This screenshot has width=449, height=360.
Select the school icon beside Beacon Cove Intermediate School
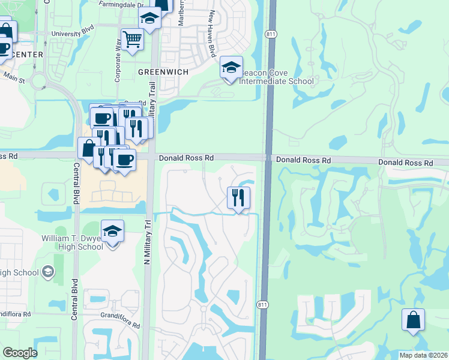click(x=231, y=68)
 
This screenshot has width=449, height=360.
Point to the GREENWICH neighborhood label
click(x=163, y=71)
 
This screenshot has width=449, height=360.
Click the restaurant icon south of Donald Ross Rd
click(x=238, y=197)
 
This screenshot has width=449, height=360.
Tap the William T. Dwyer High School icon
click(x=112, y=231)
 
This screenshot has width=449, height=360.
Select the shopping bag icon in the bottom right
click(x=414, y=319)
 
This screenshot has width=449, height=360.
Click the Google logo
click(x=20, y=353)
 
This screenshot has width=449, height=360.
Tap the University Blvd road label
click(x=73, y=34)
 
